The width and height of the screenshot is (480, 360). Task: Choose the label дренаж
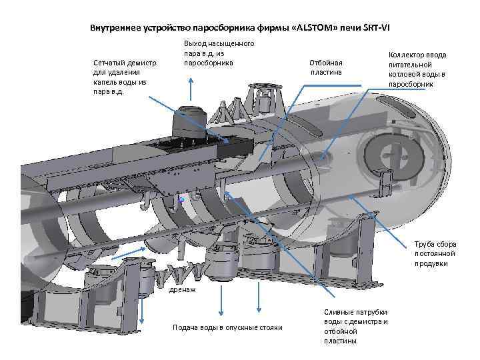[183, 291]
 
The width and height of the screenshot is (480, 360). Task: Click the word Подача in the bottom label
[187, 327]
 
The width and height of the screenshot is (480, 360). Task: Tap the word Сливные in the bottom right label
[340, 313]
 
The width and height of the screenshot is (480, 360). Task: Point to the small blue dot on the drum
[181, 199]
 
